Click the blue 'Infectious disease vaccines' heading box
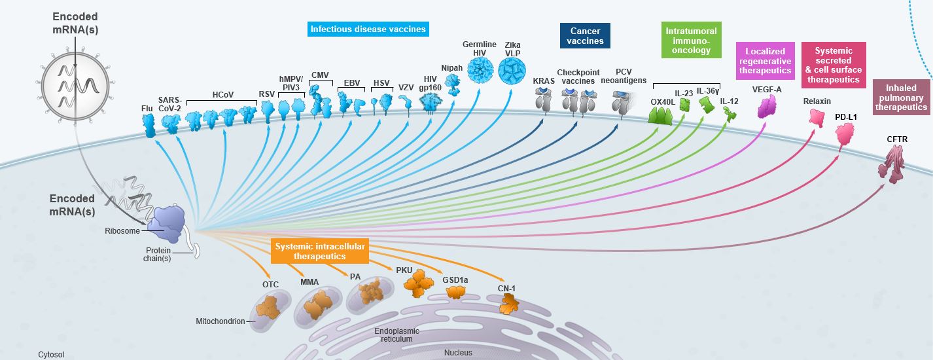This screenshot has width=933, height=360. [x=368, y=29]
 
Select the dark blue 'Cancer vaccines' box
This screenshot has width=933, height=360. [x=585, y=35]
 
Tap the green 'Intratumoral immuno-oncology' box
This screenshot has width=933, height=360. [x=691, y=40]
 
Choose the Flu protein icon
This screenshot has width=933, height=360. [x=149, y=125]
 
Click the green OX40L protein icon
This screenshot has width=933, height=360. [x=661, y=115]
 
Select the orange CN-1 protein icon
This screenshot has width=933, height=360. [x=508, y=303]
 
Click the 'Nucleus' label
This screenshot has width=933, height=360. [x=457, y=353]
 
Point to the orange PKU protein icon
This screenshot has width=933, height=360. [x=418, y=283]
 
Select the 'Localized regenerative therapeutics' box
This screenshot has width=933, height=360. [x=766, y=61]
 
